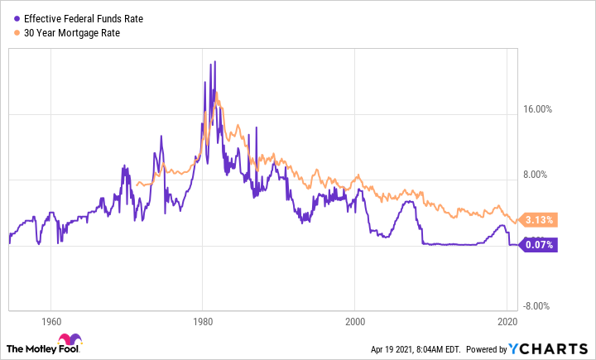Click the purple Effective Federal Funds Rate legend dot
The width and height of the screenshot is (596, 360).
point(17,17)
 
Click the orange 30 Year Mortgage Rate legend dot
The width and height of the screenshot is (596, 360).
point(17,32)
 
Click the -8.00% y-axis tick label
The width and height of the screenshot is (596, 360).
point(541,306)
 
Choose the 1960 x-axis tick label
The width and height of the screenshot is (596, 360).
point(51,321)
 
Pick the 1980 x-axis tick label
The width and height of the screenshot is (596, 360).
point(203,321)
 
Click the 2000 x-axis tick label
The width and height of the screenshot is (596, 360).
point(355,321)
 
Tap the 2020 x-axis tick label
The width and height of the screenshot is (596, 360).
point(507,321)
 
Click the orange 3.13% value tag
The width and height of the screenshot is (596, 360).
point(541,220)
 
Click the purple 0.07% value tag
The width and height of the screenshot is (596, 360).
point(541,244)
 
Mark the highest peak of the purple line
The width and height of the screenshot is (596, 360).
point(214,61)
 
